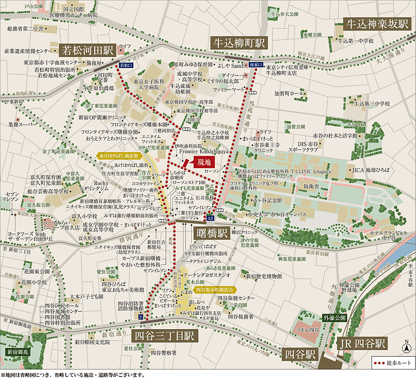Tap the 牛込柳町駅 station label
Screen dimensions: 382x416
click(239, 43)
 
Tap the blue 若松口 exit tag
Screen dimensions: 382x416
click(125, 66)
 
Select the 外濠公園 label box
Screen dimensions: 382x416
click(334, 319)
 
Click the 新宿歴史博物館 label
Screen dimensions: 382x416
click(262, 276)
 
